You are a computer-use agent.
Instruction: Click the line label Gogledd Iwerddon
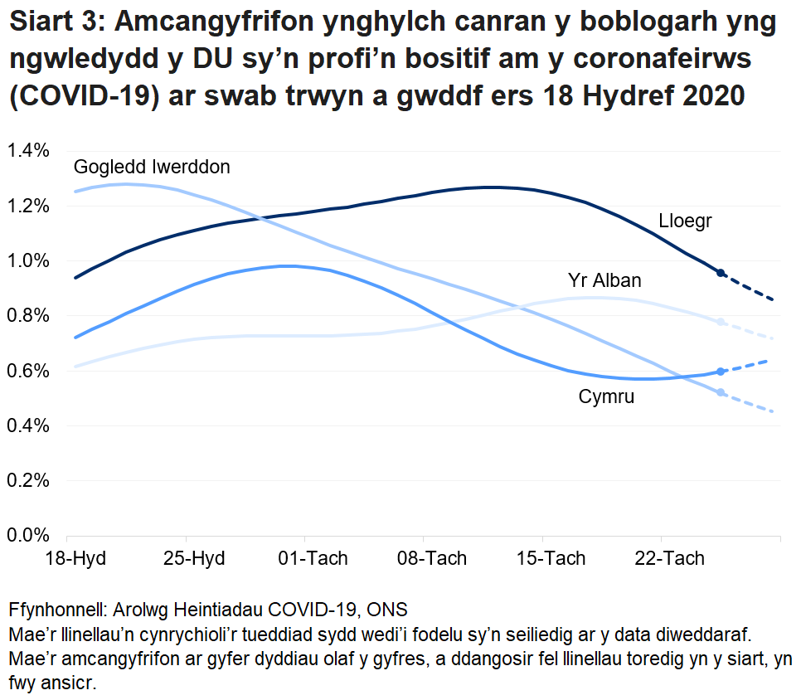(152, 167)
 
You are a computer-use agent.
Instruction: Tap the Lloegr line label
(686, 221)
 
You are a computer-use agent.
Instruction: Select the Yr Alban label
(604, 280)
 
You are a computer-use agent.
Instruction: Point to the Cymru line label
(606, 396)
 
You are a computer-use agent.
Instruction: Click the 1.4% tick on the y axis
(30, 150)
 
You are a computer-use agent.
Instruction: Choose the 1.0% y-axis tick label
(30, 260)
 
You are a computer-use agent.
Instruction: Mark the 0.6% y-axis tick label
(30, 371)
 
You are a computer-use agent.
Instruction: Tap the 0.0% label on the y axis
(30, 535)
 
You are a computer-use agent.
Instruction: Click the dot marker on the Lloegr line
(721, 273)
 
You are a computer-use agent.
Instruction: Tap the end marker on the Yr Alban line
(721, 322)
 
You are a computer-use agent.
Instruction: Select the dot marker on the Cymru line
(721, 372)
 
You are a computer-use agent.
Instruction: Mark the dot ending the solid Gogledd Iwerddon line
(721, 392)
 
